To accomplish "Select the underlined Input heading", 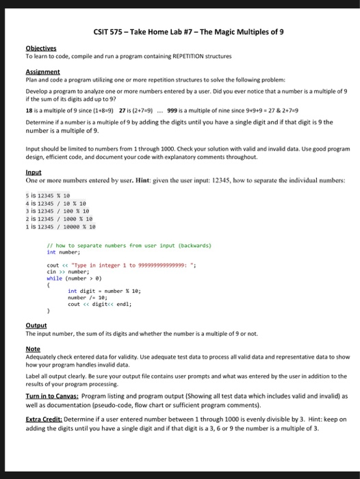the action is coord(33,172).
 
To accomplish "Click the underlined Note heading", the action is coord(33,348).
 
